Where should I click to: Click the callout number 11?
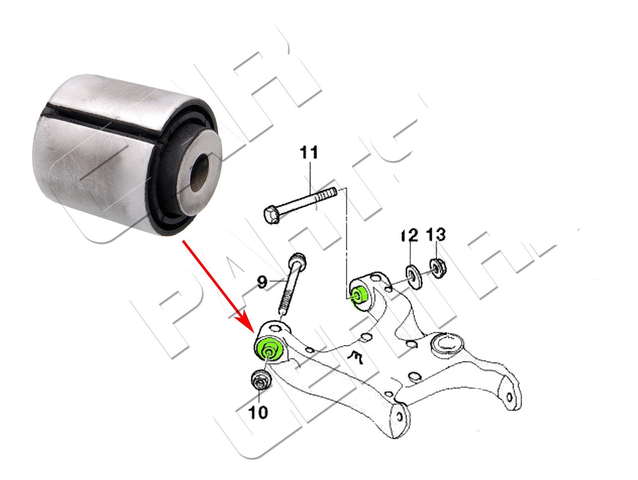(x=310, y=153)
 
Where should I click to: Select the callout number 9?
(x=262, y=283)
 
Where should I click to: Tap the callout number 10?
(x=258, y=412)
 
